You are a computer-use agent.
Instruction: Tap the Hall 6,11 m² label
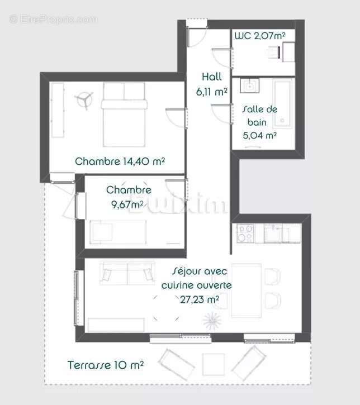coord(212,84)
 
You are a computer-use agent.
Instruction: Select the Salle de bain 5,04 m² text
coord(259,122)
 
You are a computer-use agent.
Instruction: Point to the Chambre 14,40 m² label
coord(120,162)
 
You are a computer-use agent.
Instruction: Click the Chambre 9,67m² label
coord(129,197)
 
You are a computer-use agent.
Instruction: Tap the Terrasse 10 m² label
coord(106,365)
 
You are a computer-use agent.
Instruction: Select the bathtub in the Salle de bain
coord(283,103)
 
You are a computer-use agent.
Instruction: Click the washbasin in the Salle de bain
coord(249,86)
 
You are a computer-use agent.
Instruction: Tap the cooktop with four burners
coord(245,233)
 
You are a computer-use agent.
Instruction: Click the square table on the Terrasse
coord(213,364)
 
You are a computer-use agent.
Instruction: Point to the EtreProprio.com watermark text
coord(53,19)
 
